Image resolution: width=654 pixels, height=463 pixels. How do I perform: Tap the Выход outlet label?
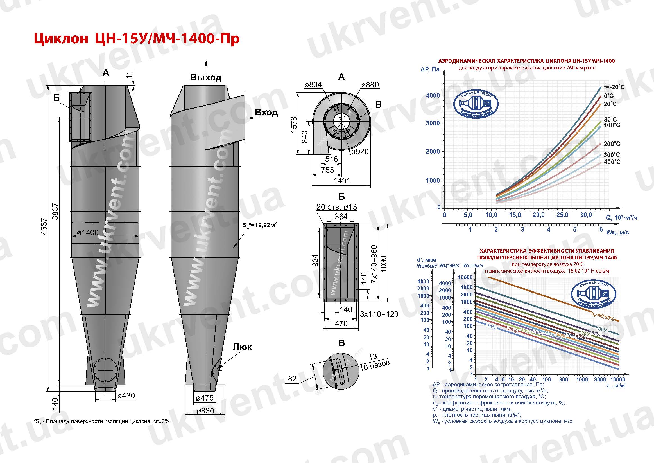coord(205,77)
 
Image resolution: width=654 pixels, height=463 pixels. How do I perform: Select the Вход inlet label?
coord(266,112)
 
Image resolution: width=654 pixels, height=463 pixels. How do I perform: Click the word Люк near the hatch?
coord(242,347)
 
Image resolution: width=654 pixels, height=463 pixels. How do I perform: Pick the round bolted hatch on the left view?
coord(105,370)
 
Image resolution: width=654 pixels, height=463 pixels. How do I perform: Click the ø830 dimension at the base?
coord(205,411)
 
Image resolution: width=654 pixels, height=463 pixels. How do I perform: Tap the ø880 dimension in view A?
coord(370,85)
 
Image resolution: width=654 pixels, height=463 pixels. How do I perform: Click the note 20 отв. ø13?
coord(336,207)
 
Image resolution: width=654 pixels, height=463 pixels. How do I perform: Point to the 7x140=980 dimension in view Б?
coord(374,264)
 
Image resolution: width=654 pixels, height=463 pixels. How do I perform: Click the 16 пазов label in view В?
coord(374,366)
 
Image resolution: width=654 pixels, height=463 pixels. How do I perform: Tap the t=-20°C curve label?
coord(614,87)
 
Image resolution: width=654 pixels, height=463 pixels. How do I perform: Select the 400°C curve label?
coord(612,162)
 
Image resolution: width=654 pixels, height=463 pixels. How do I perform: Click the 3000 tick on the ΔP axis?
coord(433,123)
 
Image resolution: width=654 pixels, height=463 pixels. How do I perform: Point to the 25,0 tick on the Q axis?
coord(562,215)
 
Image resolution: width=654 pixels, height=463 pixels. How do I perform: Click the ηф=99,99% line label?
coord(602,316)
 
